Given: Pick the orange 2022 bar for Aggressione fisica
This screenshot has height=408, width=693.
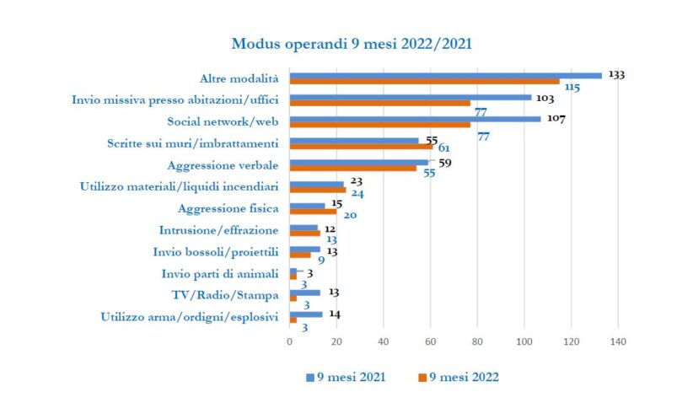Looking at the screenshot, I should tap(313, 212).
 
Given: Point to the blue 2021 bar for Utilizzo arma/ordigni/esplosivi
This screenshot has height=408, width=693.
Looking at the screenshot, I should tap(306, 314).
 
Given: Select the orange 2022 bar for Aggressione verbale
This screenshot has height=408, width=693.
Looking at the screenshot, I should tap(353, 168).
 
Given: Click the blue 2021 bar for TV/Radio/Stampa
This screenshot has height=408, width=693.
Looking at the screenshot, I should tap(304, 292).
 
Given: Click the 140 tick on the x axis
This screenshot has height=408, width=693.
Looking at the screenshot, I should tap(618, 342).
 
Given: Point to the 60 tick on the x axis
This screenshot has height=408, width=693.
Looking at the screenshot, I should tap(430, 342).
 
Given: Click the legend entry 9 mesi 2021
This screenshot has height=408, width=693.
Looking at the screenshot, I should tap(346, 376).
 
